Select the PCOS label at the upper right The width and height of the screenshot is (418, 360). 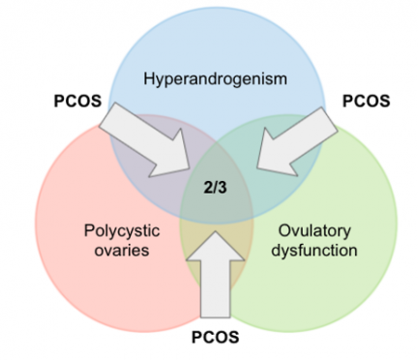(367, 100)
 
